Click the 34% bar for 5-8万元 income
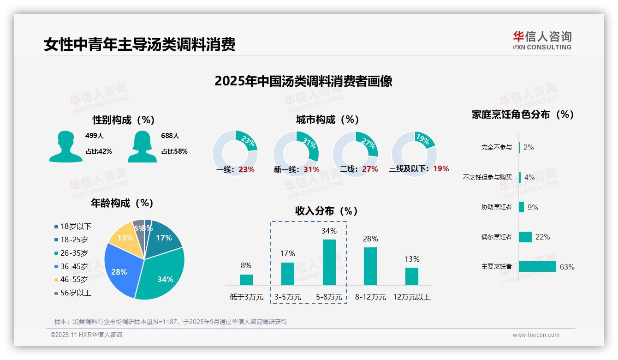coord(329,262)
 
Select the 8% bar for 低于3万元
coord(246,280)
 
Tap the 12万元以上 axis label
coord(411,297)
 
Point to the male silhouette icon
coord(65,146)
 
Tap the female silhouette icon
coord(142,146)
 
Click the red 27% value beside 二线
coord(370,169)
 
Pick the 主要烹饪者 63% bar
coord(537,267)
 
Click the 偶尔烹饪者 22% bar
coord(525,237)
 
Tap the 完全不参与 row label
coord(496,148)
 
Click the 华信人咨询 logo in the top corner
coord(542,41)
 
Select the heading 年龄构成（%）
coord(122,203)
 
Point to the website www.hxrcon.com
coord(536,335)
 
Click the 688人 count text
coord(170,136)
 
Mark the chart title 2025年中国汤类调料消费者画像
coord(303,81)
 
